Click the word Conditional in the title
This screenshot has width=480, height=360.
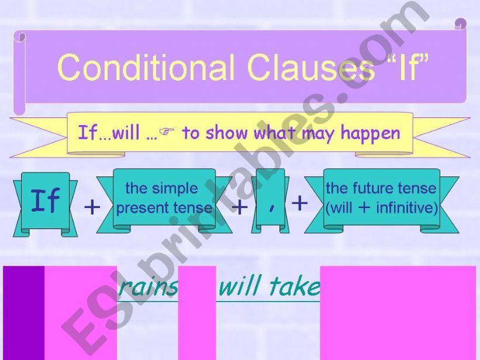point(146,67)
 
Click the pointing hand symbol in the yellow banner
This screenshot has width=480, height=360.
point(167,131)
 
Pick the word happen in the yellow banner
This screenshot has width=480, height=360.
point(371,134)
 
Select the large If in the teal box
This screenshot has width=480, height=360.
point(46,200)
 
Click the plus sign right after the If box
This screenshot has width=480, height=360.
point(92,207)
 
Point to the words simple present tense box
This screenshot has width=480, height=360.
point(164,198)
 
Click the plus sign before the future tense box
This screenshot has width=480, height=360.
point(300,203)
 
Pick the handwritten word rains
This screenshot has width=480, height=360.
point(148,288)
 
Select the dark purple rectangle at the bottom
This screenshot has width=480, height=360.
point(24,313)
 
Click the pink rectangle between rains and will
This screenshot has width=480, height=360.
point(197,313)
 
